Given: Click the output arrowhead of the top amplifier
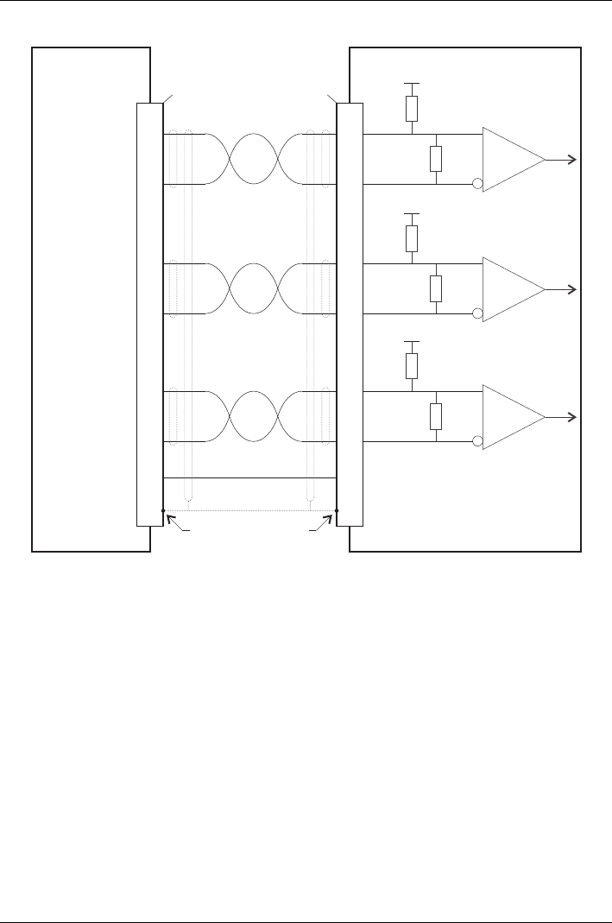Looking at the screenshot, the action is (572, 160).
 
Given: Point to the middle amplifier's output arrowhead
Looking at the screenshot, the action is (572, 289).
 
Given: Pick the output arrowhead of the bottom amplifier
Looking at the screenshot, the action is (572, 417).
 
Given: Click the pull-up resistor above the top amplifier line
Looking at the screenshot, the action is (413, 108).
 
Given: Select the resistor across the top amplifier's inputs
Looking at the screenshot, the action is (436, 159).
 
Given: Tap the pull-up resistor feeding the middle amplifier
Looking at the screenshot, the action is (413, 237).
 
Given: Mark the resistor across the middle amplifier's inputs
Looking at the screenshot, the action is (436, 288).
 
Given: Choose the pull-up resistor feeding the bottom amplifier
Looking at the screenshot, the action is (413, 365).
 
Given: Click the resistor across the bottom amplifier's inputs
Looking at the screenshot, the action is (436, 416).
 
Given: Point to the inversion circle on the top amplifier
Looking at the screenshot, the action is (478, 184).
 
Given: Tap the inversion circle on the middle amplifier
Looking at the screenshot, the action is (478, 313).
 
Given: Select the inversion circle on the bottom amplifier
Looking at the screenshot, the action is (478, 441).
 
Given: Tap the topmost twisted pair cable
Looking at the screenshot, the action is (254, 159).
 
